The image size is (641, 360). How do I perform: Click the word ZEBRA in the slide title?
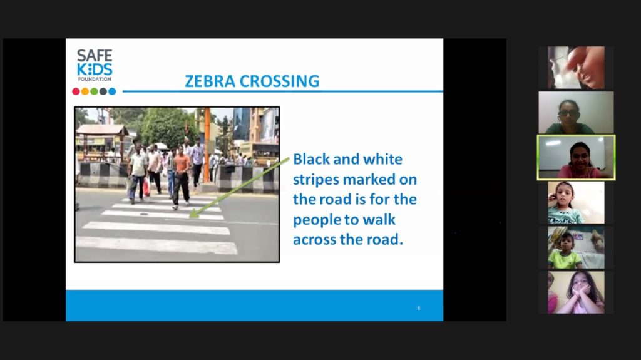point(210,81)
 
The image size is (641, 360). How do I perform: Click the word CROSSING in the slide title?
point(280,81)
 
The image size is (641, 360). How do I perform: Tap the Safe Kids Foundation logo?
point(95,65)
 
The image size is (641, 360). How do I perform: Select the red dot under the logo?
point(76,91)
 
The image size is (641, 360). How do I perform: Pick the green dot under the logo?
point(94,91)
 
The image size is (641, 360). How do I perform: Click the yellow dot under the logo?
point(85,91)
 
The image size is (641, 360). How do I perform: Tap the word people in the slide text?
point(318,220)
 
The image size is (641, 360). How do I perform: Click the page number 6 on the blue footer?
point(419,307)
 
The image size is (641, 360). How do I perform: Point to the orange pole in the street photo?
point(207,145)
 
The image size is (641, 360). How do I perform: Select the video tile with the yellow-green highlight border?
point(576,158)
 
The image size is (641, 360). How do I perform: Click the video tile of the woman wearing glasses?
point(576,113)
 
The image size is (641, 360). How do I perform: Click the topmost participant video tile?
point(576,68)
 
